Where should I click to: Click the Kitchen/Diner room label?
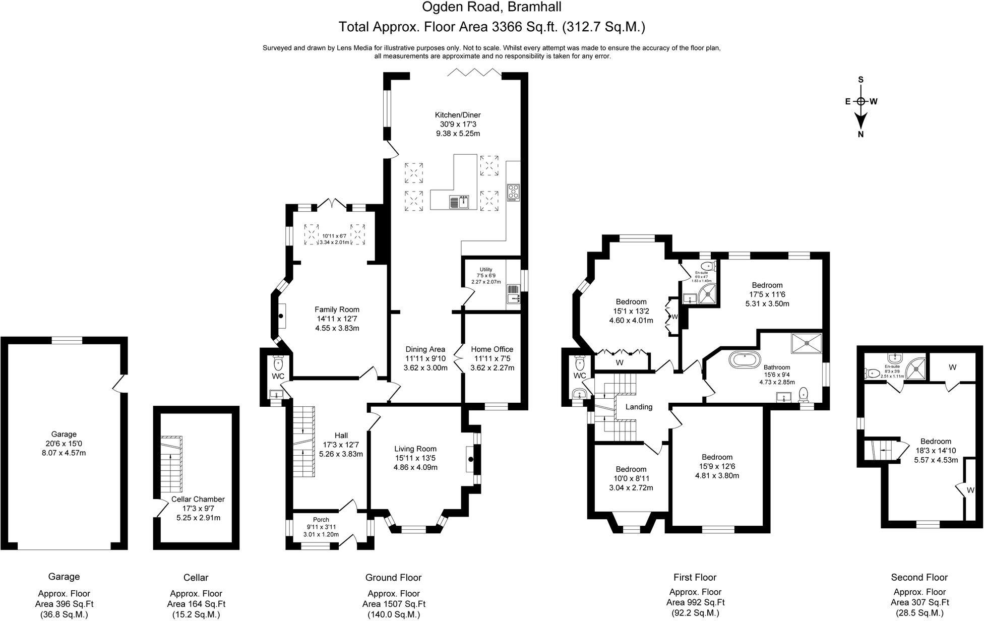click(x=458, y=115)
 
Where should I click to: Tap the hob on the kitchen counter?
click(x=513, y=193)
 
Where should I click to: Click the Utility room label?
click(x=486, y=270)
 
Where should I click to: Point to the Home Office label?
click(x=492, y=349)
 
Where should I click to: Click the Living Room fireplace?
click(x=470, y=459)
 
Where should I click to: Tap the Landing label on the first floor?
click(x=639, y=407)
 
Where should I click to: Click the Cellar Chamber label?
click(x=198, y=499)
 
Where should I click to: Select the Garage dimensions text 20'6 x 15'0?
click(x=64, y=443)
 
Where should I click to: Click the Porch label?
click(x=321, y=520)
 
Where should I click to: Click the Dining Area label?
click(x=425, y=349)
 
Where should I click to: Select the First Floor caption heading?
click(x=695, y=577)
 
